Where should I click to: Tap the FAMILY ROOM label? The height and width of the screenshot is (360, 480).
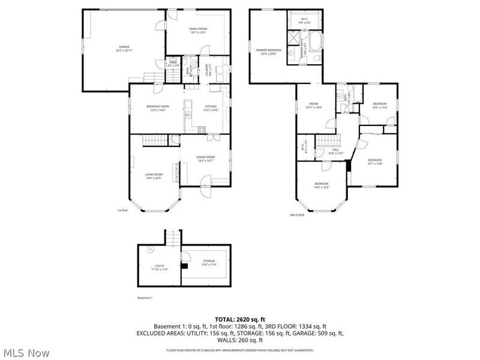point(198,29)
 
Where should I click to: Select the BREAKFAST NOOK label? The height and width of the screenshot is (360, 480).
point(158,106)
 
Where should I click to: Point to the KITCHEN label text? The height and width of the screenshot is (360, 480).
point(211,106)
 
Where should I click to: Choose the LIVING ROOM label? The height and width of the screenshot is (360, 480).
point(154,175)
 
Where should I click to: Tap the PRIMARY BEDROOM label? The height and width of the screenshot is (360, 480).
point(268,50)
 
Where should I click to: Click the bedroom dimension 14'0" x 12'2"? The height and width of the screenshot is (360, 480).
point(322,187)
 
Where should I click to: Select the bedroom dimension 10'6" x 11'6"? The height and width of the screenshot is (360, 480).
point(380,107)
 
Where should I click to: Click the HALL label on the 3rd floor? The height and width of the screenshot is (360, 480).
point(336,150)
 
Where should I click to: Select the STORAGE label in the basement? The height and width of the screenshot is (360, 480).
point(208,261)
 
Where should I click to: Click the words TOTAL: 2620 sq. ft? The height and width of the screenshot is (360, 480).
point(240,319)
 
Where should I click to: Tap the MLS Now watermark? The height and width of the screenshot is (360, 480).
point(26,353)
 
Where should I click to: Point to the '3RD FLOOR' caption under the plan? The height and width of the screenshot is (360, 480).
point(297,214)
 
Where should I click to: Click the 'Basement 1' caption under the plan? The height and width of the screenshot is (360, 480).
point(145,298)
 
